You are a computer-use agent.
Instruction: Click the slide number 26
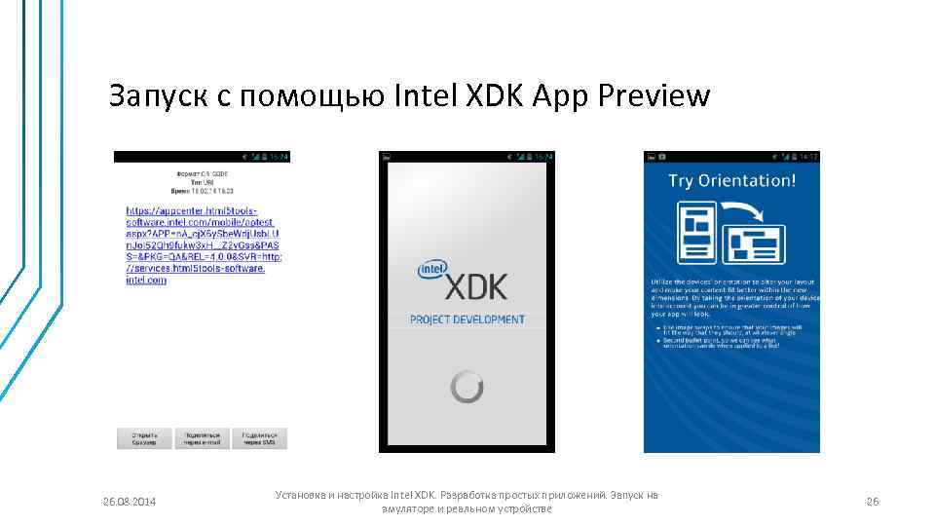click(873, 502)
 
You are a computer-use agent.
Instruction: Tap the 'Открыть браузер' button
click(144, 438)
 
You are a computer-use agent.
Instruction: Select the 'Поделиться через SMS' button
click(260, 438)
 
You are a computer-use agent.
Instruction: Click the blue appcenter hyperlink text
click(202, 244)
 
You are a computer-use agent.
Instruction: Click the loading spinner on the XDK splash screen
click(467, 387)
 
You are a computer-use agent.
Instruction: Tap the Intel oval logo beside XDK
click(431, 270)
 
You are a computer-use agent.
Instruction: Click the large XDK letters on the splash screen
click(477, 286)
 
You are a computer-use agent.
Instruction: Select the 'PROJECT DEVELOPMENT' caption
click(467, 319)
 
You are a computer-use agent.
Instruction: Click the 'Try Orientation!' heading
click(731, 181)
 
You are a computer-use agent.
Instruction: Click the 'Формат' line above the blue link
click(202, 173)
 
